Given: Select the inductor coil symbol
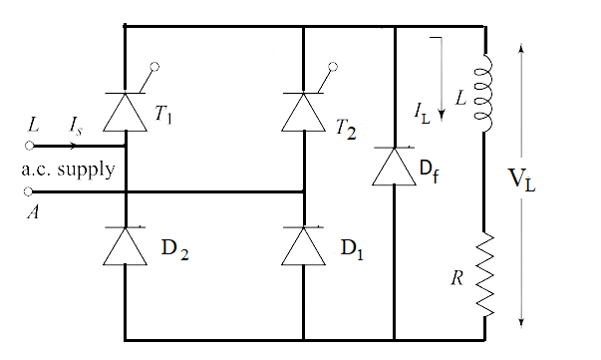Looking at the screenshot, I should [485, 94].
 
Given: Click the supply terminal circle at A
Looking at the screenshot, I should [29, 189].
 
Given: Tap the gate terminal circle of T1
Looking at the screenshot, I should [153, 66].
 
